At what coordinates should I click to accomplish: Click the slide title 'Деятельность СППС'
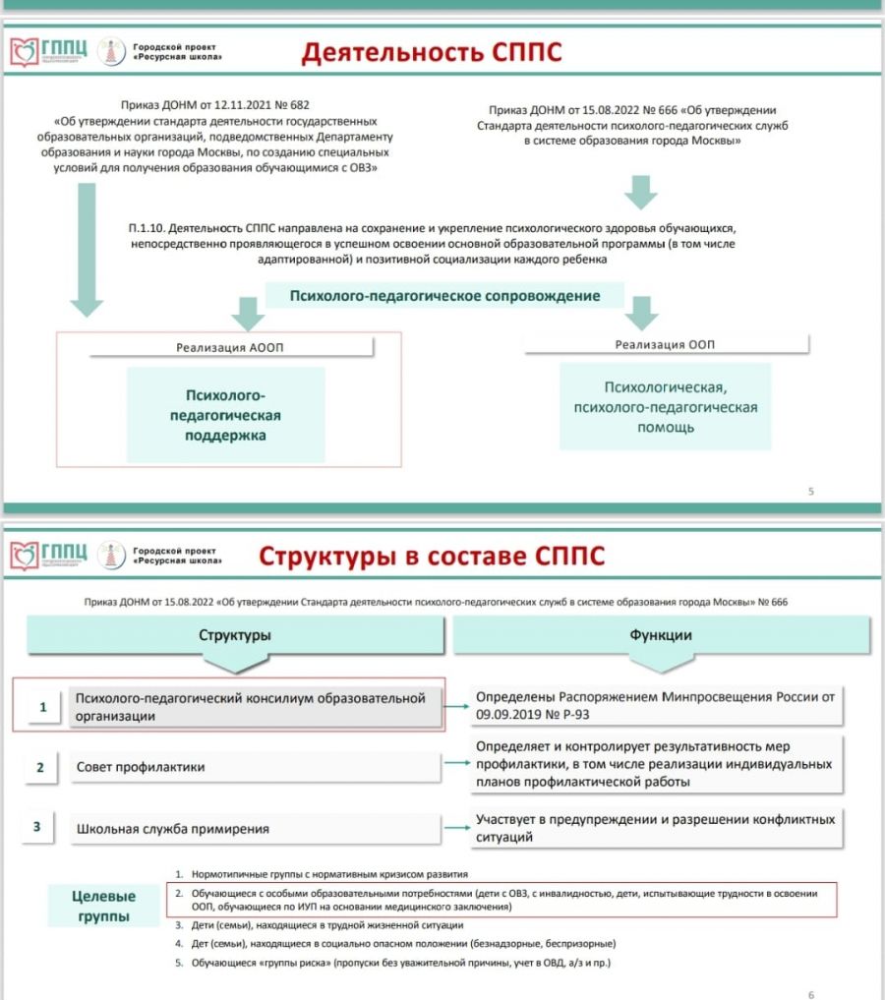[432, 52]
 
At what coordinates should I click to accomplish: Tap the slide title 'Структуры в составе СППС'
[432, 558]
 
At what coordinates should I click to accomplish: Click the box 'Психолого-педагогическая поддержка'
[226, 415]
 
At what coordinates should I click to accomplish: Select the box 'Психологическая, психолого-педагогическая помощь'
[665, 407]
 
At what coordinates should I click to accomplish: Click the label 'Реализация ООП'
[665, 344]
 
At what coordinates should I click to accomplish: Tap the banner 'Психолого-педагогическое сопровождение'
[444, 295]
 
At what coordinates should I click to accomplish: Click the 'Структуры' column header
[235, 635]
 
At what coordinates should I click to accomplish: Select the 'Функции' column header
[661, 635]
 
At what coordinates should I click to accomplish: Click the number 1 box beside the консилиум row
[42, 707]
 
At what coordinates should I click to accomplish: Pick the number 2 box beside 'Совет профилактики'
[40, 767]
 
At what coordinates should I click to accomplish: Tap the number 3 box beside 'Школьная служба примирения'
[36, 827]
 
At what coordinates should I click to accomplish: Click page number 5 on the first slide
[810, 491]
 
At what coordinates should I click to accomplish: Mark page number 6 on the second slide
[810, 994]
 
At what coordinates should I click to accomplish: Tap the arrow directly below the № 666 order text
[641, 191]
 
